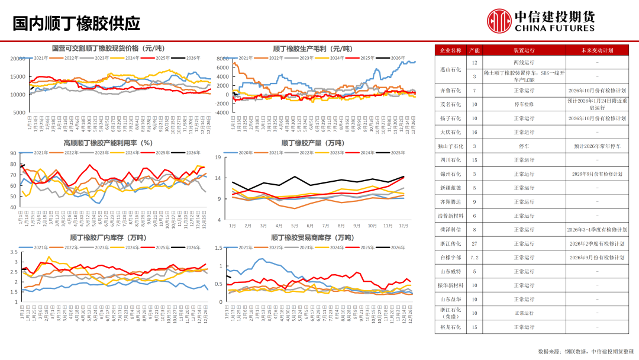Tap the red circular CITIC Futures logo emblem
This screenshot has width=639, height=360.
pos(499,21)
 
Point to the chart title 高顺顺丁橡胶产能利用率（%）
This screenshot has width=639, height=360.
pos(108,143)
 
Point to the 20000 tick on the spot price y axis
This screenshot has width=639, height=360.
pos(18,59)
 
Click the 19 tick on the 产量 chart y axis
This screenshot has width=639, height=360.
pos(218,157)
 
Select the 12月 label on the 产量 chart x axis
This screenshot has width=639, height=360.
pos(403,226)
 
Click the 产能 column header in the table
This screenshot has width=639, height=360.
pos(475,50)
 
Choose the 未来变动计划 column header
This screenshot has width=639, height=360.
pos(597,50)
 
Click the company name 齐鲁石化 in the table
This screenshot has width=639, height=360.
pos(451,91)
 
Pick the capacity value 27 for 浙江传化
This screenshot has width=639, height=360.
pos(475,243)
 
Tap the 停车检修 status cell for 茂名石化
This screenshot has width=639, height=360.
pos(524,104)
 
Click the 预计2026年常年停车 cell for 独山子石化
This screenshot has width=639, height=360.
pos(597,146)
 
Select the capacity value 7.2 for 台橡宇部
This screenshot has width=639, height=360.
pos(475,258)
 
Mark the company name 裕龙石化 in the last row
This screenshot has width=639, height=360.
pos(451,327)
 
